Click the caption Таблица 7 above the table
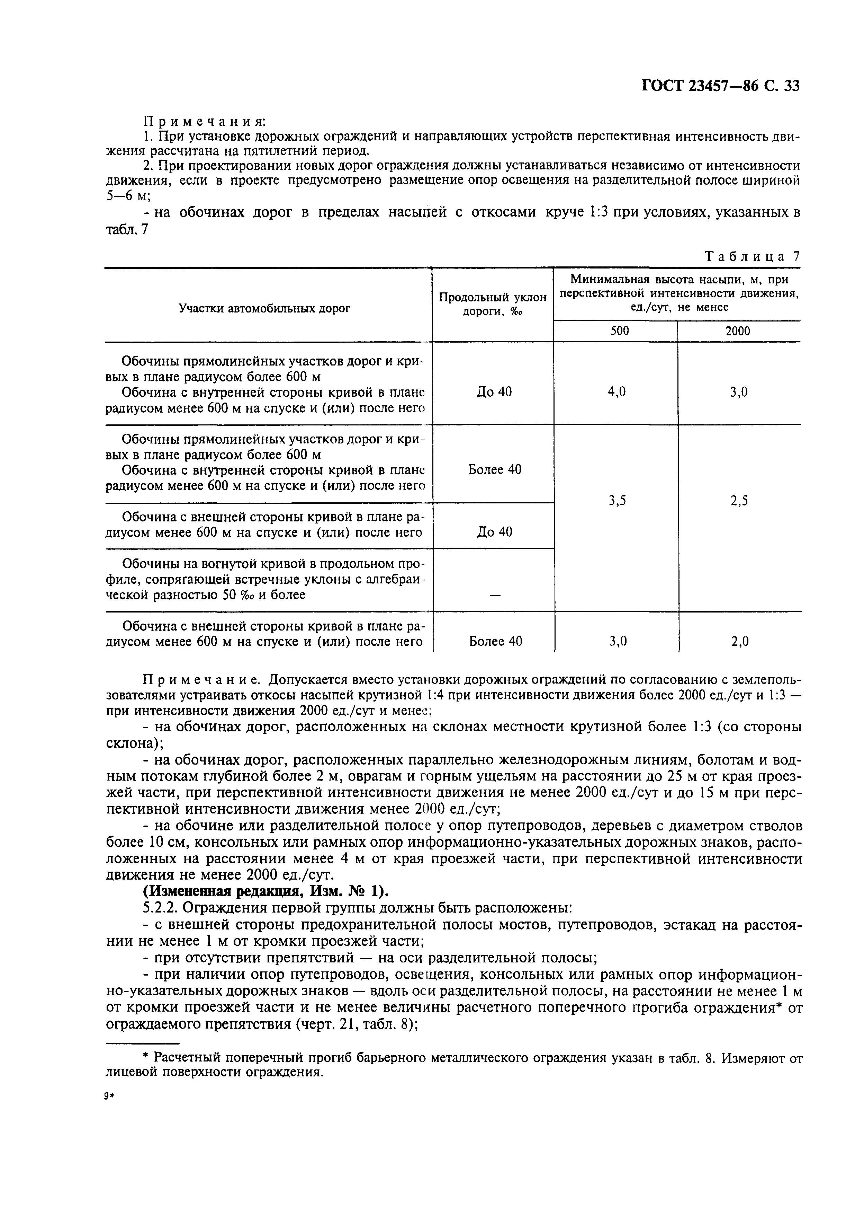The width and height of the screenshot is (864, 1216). click(x=752, y=256)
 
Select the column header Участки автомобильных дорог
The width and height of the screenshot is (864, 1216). click(x=264, y=308)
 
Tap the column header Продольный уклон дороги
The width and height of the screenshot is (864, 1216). click(x=492, y=305)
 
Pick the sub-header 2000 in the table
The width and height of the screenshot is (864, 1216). click(x=738, y=331)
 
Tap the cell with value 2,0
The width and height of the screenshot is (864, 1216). click(x=739, y=642)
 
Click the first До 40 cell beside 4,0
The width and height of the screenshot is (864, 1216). click(x=494, y=392)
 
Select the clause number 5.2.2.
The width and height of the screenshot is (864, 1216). click(x=159, y=908)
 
